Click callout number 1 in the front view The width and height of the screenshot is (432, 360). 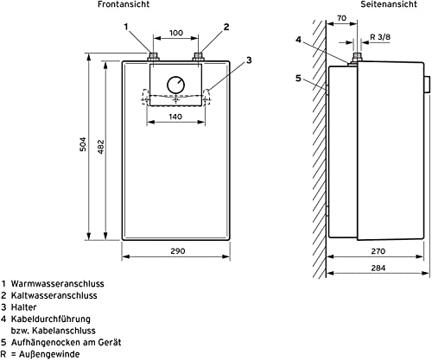pyautogui.click(x=126, y=27)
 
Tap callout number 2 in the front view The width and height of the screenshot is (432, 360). pyautogui.click(x=226, y=27)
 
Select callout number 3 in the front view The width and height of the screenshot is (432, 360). pyautogui.click(x=249, y=60)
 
